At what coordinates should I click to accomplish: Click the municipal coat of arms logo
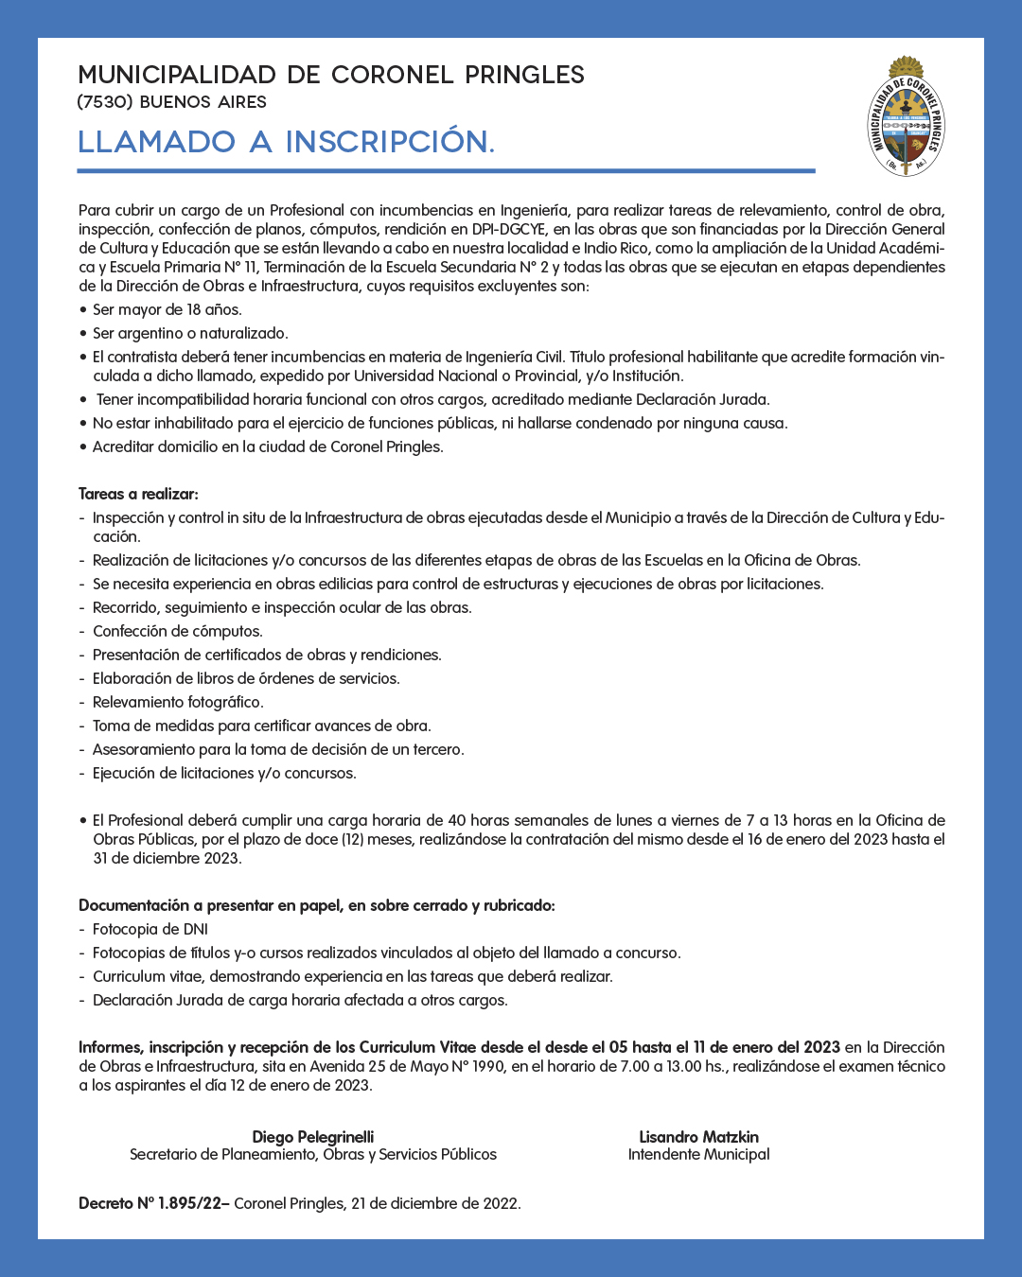coord(907,117)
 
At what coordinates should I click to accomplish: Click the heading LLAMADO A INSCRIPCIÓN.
coord(286,142)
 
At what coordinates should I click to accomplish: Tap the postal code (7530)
coord(106,102)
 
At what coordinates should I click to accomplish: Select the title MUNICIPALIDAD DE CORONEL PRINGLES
coord(331,75)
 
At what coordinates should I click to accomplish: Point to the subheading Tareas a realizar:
coord(138,494)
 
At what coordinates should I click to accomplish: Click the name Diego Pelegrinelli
coord(313,1137)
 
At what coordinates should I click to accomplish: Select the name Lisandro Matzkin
coord(698,1137)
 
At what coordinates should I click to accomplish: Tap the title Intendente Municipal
coord(698,1154)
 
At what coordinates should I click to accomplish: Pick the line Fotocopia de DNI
coord(150,929)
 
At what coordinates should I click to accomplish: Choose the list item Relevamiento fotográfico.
coord(178,702)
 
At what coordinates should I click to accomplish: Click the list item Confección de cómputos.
coord(177,631)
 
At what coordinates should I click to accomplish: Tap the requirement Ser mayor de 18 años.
coord(167,309)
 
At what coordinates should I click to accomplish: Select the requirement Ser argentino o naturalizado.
coord(190,333)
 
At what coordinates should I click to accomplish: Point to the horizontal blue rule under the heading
coord(446,171)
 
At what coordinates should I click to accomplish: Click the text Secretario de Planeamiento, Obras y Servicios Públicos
coord(313,1154)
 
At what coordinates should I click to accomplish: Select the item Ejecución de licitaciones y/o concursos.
coord(224,773)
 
